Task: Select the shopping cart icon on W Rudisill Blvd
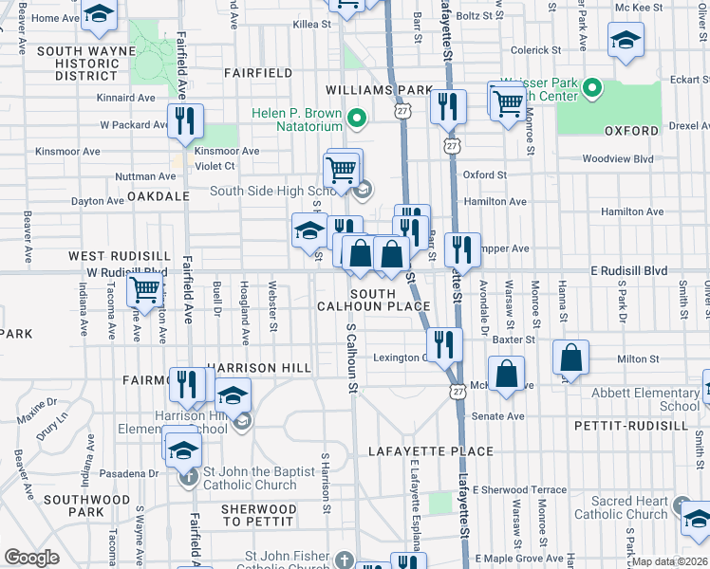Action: pos(143,288)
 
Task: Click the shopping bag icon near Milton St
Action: pos(571,359)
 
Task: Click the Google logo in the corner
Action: pos(31,557)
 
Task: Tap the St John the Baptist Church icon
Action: pos(188,475)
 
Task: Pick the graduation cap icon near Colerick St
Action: pos(625,42)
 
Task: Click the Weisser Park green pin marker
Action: pos(593,89)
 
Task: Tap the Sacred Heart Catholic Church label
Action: pos(627,507)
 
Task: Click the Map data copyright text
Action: pos(668,561)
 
